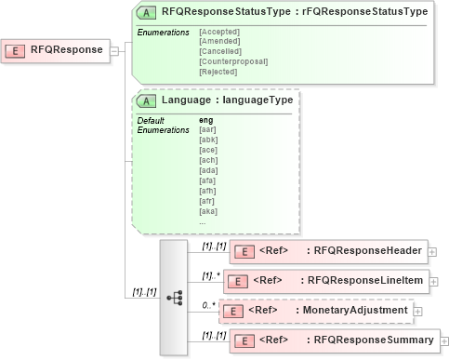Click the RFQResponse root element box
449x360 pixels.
click(56, 50)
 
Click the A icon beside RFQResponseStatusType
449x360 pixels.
click(147, 12)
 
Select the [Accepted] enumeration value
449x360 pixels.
click(220, 33)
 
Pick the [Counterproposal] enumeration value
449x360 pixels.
click(233, 61)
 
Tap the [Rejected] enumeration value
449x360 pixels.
click(219, 71)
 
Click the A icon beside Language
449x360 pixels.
click(147, 100)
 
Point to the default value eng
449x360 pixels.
click(206, 120)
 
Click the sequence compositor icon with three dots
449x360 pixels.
click(174, 298)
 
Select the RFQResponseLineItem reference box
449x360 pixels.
click(328, 280)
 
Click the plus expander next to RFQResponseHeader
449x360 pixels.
click(433, 250)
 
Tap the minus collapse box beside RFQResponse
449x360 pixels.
click(114, 50)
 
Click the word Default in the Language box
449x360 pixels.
click(151, 120)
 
